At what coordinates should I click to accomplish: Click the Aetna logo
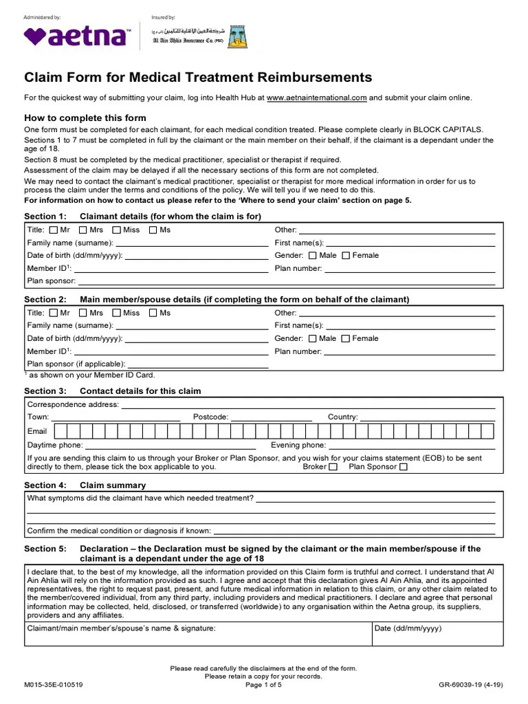[x=76, y=36]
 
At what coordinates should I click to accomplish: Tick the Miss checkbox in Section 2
[x=116, y=313]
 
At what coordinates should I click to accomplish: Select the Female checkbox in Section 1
[x=346, y=256]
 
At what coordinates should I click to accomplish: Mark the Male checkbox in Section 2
[x=313, y=339]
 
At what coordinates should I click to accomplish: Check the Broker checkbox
[x=333, y=467]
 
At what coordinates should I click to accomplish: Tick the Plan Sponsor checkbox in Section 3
[x=404, y=467]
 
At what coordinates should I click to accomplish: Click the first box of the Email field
[x=60, y=431]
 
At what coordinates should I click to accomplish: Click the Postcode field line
[x=271, y=417]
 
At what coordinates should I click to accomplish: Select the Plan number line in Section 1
[x=409, y=269]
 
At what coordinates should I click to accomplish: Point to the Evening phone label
[x=298, y=445]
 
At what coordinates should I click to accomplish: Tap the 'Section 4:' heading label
[x=45, y=485]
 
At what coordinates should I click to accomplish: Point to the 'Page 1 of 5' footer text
[x=263, y=685]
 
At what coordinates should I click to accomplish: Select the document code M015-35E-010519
[x=54, y=685]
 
